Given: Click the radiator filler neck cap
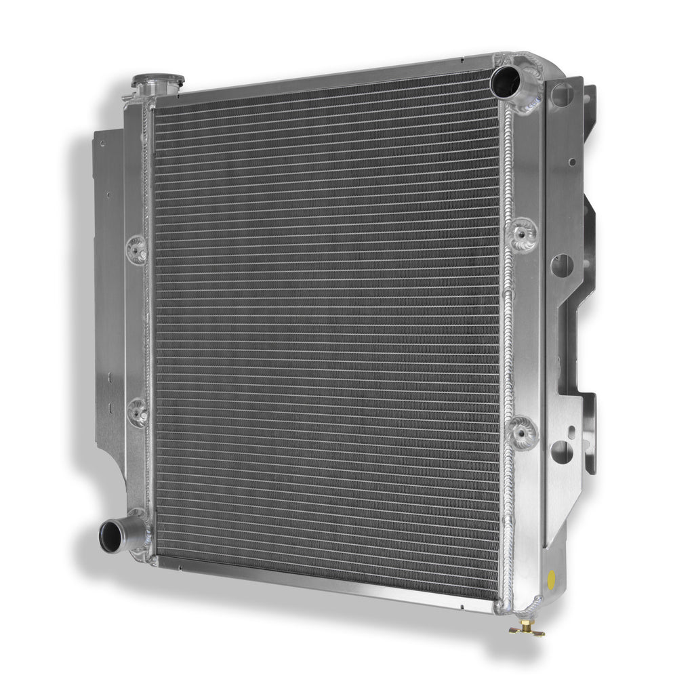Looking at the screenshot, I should click(158, 82).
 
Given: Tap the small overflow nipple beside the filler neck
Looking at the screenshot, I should click(129, 97).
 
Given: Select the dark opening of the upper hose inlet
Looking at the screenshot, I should click(506, 81).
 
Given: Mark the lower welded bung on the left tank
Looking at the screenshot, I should click(138, 410).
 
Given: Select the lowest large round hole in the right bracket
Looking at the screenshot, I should click(560, 453).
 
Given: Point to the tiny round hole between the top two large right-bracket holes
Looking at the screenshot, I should click(571, 162).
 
